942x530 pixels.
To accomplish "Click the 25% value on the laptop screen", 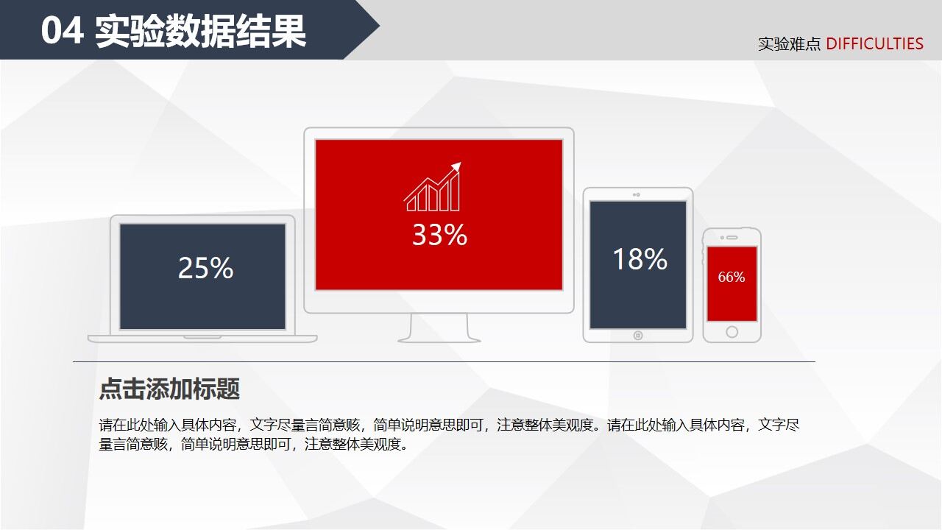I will pyautogui.click(x=205, y=269).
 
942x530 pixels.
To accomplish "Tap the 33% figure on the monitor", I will pyautogui.click(x=439, y=235).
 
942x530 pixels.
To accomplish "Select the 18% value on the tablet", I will pyautogui.click(x=640, y=259).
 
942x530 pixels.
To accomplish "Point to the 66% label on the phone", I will pyautogui.click(x=732, y=278).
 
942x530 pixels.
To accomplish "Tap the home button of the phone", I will pyautogui.click(x=732, y=332).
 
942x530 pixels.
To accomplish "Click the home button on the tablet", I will pyautogui.click(x=638, y=336).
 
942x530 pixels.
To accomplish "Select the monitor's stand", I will pyautogui.click(x=439, y=328).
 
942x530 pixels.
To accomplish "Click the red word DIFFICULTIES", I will pyautogui.click(x=874, y=44).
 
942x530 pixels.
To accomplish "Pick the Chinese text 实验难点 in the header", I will pyautogui.click(x=789, y=44).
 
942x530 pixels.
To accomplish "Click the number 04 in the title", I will pyautogui.click(x=62, y=32).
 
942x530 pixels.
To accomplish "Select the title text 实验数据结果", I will pyautogui.click(x=200, y=32).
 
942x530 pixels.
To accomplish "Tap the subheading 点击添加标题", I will pyautogui.click(x=169, y=389).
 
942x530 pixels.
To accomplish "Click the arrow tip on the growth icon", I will pyautogui.click(x=458, y=166).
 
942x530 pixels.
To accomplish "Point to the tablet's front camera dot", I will pyautogui.click(x=637, y=195).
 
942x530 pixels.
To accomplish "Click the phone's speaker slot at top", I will pyautogui.click(x=733, y=237).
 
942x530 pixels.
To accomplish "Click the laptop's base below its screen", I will pyautogui.click(x=202, y=339).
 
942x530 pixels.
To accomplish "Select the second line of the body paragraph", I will pyautogui.click(x=253, y=444).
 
